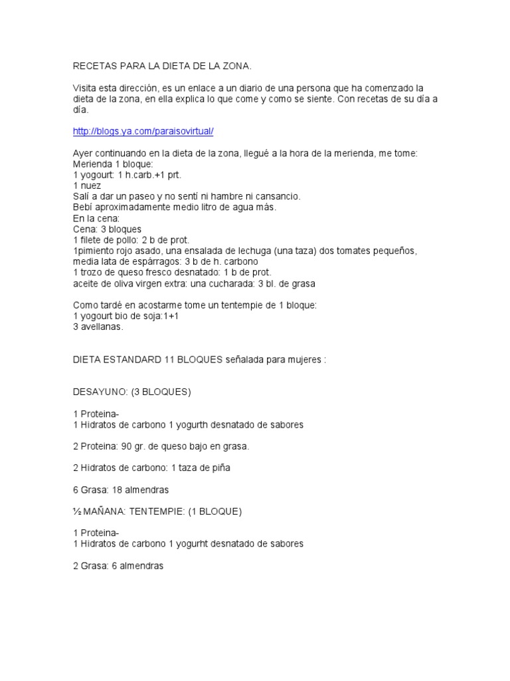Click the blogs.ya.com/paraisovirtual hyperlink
point(143,132)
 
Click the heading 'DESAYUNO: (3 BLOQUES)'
point(131,392)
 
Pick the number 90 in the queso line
point(124,446)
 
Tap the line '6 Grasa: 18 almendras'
point(120,489)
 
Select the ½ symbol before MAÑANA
point(76,511)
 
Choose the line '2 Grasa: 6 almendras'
point(118,566)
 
